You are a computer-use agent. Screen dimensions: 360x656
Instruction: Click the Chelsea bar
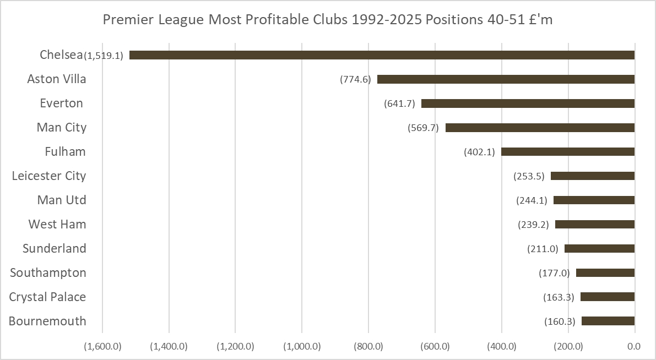pos(382,55)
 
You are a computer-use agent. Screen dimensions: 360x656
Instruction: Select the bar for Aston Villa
pos(506,79)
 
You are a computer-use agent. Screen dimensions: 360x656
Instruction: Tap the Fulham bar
pos(568,151)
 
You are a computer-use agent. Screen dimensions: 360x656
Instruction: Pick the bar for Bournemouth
pos(608,321)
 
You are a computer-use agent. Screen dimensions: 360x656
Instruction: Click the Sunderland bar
pos(599,248)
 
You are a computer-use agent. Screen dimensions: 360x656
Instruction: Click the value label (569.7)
pos(423,128)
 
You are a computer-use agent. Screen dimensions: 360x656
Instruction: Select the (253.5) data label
pos(529,176)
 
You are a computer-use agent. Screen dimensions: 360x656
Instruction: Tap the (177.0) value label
pos(554,273)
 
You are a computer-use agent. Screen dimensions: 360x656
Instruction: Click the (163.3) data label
pos(559,297)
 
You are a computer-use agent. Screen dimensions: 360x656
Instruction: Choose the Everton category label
pos(62,103)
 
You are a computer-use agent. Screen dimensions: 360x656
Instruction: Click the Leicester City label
pos(49,176)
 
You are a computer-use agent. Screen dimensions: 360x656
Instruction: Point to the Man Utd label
pos(62,200)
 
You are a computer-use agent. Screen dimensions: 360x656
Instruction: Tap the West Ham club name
pos(57,224)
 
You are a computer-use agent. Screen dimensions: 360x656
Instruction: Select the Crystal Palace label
pos(47,297)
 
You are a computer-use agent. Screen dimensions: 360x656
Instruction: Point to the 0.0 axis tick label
pos(633,346)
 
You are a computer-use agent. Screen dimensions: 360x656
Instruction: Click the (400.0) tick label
pos(502,346)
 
